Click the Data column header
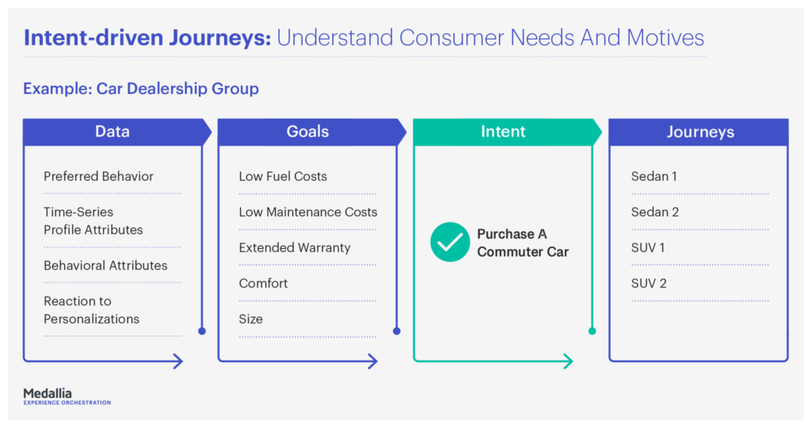click(x=112, y=132)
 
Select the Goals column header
click(x=307, y=132)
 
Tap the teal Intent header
click(x=503, y=132)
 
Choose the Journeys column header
click(x=699, y=132)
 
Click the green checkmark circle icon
click(x=450, y=243)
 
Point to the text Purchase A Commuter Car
click(x=523, y=243)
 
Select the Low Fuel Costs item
click(x=283, y=176)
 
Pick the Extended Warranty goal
click(x=295, y=247)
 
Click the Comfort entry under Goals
click(x=263, y=283)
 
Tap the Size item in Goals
click(x=251, y=319)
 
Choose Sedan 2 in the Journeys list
click(x=655, y=212)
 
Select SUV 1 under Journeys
click(x=648, y=247)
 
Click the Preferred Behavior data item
click(x=98, y=176)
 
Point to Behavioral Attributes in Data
click(x=105, y=266)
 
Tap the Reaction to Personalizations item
click(x=91, y=310)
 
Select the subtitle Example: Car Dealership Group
click(x=141, y=88)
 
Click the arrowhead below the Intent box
click(x=566, y=361)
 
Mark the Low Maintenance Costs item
click(x=308, y=212)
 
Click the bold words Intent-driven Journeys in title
click(x=147, y=37)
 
